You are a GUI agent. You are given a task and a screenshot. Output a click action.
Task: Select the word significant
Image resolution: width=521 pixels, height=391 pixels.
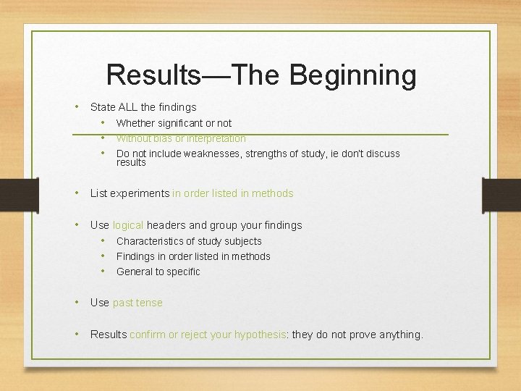(181, 123)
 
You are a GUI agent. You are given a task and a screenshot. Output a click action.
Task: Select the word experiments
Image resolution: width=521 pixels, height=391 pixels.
(142, 193)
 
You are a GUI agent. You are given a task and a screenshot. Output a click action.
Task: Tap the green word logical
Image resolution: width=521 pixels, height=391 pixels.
(128, 225)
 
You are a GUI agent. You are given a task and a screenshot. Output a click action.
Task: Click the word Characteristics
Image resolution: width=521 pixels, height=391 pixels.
(151, 241)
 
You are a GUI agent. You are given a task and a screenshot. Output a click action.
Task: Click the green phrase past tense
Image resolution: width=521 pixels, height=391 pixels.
(137, 303)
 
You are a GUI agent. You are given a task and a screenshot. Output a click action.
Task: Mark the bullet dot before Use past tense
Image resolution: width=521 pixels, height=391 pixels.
(77, 302)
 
